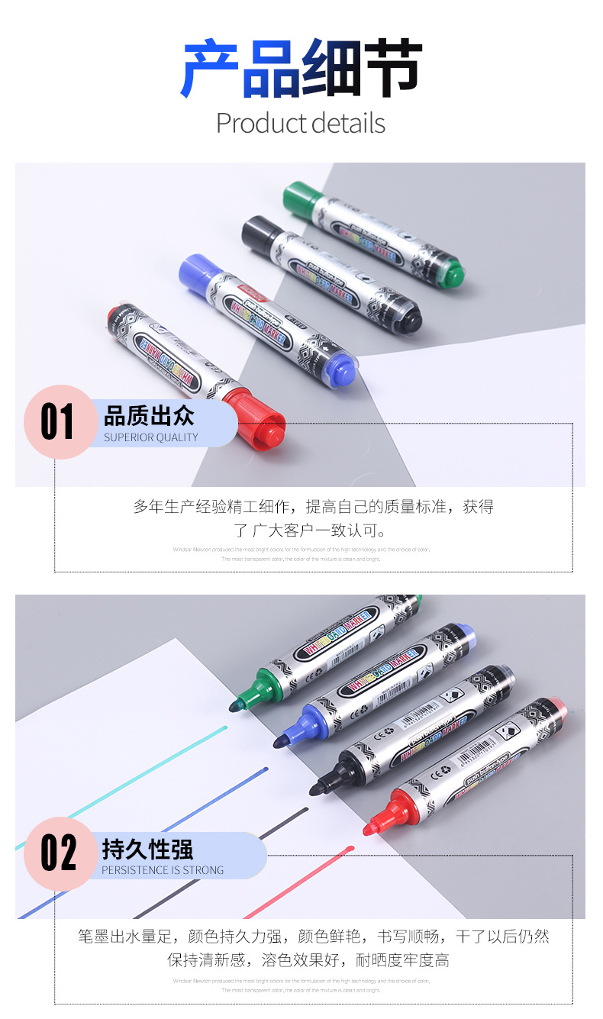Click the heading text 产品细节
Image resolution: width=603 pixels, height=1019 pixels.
301,69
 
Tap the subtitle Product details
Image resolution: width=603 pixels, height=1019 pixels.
301,123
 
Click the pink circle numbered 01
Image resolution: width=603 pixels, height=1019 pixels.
58,422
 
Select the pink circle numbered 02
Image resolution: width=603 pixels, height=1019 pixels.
58,853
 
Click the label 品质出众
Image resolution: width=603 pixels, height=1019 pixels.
150,416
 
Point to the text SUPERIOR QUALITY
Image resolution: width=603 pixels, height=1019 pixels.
151,437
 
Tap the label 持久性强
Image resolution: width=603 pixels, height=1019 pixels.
148,849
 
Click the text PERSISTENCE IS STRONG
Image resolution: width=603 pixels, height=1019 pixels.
163,869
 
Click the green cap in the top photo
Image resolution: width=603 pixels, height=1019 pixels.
300,198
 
